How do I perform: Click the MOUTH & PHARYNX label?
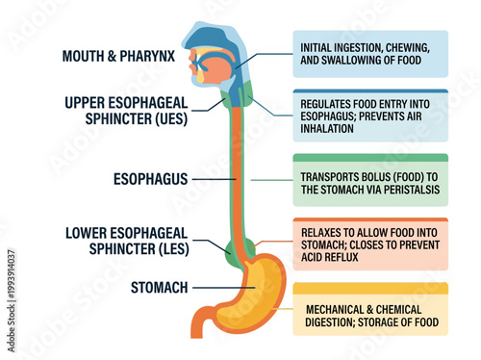pos(118,55)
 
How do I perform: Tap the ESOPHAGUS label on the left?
pos(148,178)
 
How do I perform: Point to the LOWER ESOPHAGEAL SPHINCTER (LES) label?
pos(126,241)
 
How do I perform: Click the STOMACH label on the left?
pos(159,287)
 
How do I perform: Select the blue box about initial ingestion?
pos(370,54)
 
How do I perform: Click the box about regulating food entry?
pos(370,116)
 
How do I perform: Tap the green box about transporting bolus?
pos(370,182)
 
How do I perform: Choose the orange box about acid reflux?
pos(370,244)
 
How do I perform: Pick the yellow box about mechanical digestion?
pos(370,309)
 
